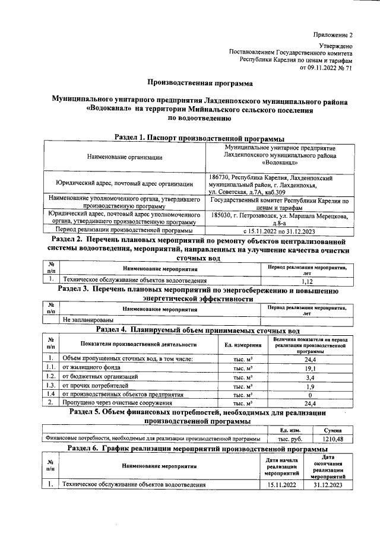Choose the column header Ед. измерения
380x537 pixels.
tap(243, 344)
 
